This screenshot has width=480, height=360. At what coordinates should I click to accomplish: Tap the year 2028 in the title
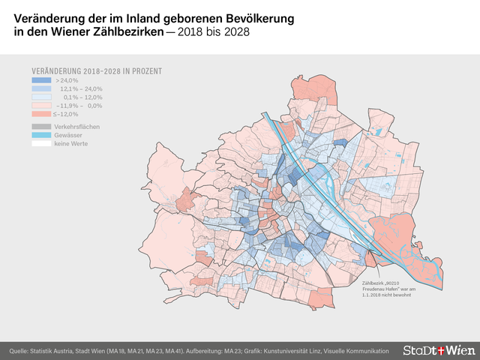235,33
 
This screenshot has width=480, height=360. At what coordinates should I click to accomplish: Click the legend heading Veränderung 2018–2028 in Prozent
97,71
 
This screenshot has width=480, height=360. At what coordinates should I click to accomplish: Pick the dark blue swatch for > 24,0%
41,80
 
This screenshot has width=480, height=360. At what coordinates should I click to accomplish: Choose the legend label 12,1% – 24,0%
81,88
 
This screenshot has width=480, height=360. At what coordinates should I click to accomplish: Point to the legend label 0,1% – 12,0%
82,97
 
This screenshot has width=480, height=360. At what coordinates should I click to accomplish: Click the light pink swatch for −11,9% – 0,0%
41,106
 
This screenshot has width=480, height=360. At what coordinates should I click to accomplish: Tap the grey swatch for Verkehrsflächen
41,127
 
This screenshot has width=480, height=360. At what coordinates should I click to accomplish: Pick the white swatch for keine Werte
41,143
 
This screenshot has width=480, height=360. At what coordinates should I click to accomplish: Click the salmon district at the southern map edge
322,299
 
